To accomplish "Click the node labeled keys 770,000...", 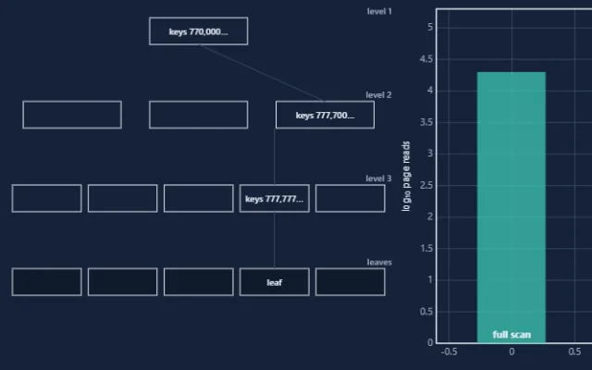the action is click(x=199, y=31).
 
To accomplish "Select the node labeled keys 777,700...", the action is click(x=325, y=115).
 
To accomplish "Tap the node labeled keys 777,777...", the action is click(x=275, y=199).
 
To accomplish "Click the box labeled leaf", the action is click(x=275, y=282).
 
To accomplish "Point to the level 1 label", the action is click(x=379, y=11).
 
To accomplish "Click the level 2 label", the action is click(x=378, y=95).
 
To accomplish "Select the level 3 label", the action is click(x=378, y=179).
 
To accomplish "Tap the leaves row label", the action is click(x=379, y=263).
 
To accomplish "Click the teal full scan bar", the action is click(x=512, y=207).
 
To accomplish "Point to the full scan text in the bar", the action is click(x=512, y=335).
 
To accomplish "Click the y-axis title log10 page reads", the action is click(x=406, y=177).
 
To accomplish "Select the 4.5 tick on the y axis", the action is click(x=426, y=59).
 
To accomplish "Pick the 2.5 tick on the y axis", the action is click(x=426, y=185).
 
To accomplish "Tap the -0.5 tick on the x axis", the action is click(x=449, y=351).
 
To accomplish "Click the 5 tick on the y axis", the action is click(x=430, y=27).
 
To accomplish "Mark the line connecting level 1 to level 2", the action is click(x=262, y=73).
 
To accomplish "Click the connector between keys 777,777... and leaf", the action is click(x=275, y=240).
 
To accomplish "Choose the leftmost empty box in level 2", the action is click(x=72, y=115).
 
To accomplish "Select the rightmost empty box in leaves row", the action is click(x=351, y=282).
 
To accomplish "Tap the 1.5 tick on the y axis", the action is click(x=426, y=248).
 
